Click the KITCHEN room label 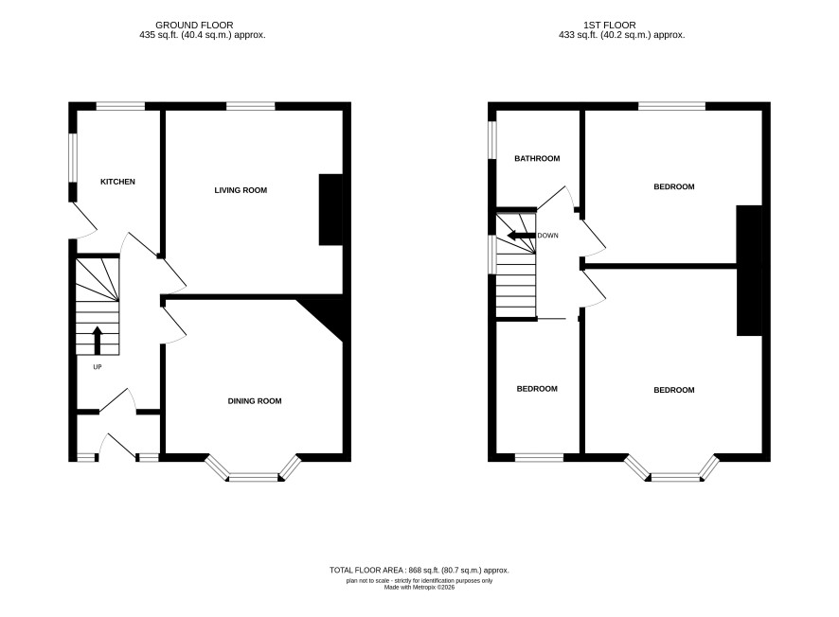117,182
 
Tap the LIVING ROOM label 241,190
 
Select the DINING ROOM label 255,401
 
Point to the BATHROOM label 537,158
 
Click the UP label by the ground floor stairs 98,367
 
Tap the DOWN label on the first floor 548,236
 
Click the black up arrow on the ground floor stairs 97,341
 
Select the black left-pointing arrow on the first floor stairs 521,236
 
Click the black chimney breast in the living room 330,209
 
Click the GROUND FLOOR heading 194,26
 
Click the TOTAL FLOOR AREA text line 419,571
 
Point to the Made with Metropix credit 419,587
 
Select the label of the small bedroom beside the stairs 537,389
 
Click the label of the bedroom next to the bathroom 674,186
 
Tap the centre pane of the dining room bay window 254,478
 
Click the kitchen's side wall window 73,158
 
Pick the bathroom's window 492,139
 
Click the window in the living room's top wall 251,106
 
